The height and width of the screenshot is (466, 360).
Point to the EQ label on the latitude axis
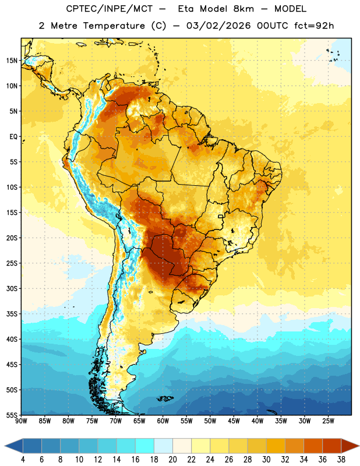tap(13, 137)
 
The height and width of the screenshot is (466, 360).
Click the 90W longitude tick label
tap(21, 421)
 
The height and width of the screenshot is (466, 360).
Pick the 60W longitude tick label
tap(163, 421)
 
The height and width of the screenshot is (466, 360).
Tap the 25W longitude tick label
tap(328, 421)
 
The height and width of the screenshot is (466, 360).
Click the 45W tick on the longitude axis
tap(234, 421)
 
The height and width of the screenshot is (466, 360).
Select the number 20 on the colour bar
tap(172, 460)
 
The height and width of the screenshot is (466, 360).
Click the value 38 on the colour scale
tap(341, 460)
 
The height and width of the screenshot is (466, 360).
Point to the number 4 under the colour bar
tap(23, 460)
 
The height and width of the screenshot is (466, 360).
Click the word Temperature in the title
tap(114, 26)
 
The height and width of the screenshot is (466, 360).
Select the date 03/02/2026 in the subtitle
tap(218, 26)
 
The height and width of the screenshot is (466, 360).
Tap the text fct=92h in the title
tap(314, 26)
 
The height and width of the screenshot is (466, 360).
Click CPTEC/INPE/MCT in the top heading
tap(109, 9)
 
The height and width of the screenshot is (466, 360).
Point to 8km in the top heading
tap(243, 9)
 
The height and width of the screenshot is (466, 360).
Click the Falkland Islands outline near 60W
tap(165, 398)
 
